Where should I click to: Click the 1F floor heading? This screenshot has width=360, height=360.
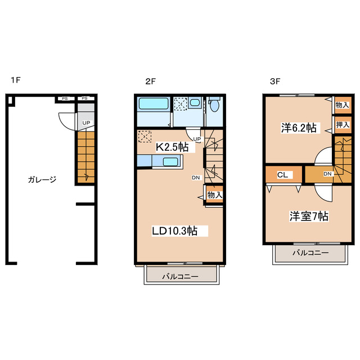click(x=16, y=80)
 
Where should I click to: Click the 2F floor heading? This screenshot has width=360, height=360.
click(x=151, y=81)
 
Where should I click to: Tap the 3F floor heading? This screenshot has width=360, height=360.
click(x=275, y=81)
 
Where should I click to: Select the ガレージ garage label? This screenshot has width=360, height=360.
click(x=42, y=179)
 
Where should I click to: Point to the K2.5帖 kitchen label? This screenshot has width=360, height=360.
click(x=172, y=147)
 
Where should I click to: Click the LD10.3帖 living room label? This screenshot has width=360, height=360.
click(x=175, y=231)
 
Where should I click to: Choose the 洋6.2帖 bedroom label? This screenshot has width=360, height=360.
click(x=299, y=128)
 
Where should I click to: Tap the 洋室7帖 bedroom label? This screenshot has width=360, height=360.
click(x=309, y=216)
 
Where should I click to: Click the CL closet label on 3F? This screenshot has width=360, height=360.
click(x=282, y=175)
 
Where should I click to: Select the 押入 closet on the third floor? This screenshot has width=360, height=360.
click(x=343, y=125)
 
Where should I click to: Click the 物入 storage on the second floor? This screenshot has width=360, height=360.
click(x=214, y=195)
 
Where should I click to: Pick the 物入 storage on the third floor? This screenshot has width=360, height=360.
click(x=343, y=105)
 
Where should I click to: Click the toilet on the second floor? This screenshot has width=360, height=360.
click(x=214, y=105)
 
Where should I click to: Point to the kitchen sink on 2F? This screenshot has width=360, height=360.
click(x=170, y=162)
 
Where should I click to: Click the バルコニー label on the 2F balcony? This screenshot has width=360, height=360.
click(x=180, y=276)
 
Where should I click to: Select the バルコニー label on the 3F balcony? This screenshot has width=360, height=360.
click(x=310, y=253)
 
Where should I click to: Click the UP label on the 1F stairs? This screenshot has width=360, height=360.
click(x=86, y=123)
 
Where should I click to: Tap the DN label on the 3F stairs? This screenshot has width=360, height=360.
click(x=327, y=174)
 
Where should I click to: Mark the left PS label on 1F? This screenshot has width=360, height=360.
click(x=65, y=99)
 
